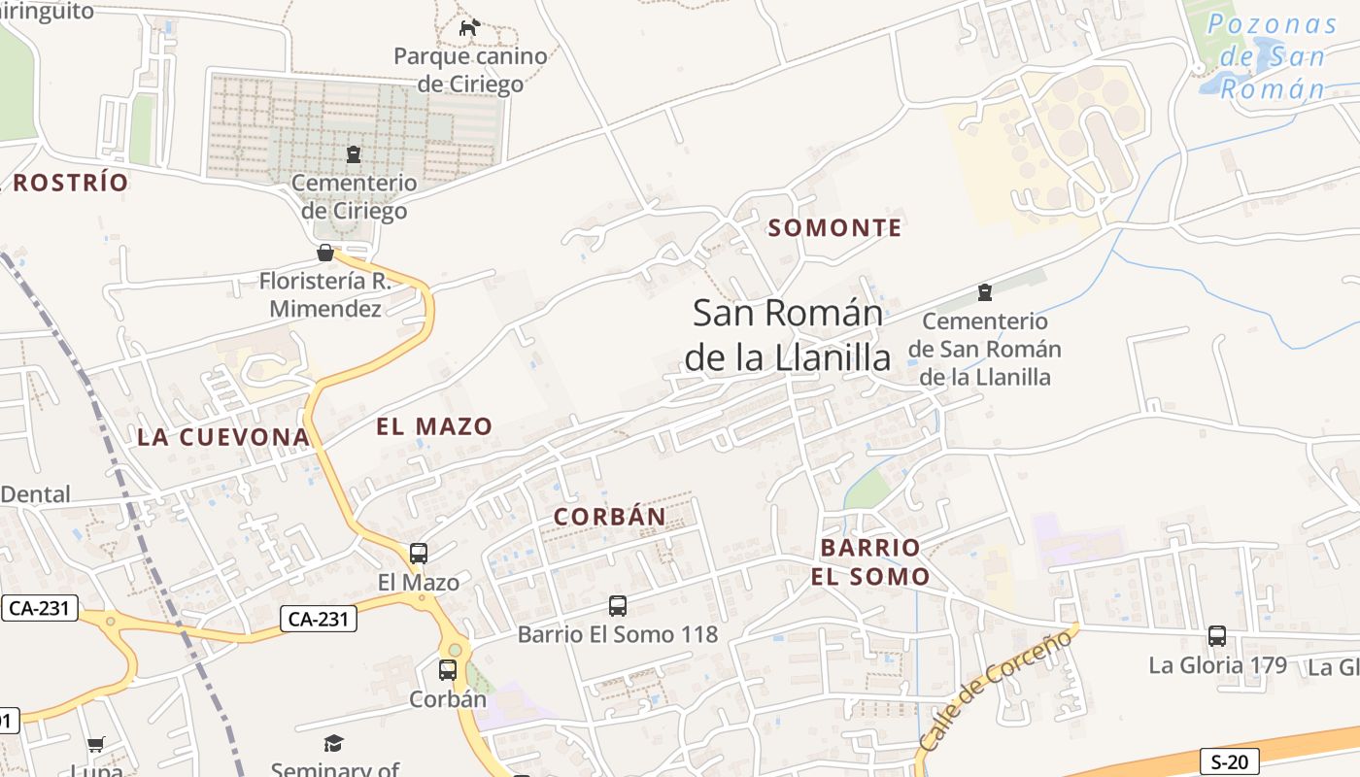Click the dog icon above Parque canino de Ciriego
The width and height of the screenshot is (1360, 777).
click(x=469, y=27)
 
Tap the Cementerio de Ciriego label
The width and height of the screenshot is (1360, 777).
click(x=354, y=196)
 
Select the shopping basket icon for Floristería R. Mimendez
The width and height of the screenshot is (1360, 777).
click(x=325, y=253)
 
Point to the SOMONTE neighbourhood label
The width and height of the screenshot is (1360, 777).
click(x=835, y=228)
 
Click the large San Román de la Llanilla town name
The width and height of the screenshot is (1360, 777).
click(x=787, y=335)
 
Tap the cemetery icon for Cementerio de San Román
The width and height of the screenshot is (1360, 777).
click(x=985, y=292)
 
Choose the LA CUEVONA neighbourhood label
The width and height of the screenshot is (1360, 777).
click(x=223, y=437)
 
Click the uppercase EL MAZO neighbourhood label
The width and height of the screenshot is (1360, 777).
click(x=434, y=425)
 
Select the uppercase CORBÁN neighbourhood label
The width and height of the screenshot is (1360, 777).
click(x=610, y=517)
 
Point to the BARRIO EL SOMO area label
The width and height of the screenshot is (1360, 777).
click(x=870, y=561)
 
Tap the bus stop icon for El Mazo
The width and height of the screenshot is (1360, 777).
click(x=419, y=554)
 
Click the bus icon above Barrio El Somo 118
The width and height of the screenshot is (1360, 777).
click(x=618, y=606)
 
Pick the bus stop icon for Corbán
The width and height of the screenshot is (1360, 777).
click(x=447, y=669)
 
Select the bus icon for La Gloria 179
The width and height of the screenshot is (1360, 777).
click(x=1217, y=636)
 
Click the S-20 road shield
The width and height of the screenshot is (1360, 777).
click(x=1230, y=760)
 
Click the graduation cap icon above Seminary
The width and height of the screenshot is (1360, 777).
click(x=334, y=744)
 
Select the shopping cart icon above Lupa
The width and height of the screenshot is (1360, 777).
click(x=96, y=745)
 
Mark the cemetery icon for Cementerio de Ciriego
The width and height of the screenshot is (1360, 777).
click(x=354, y=153)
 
